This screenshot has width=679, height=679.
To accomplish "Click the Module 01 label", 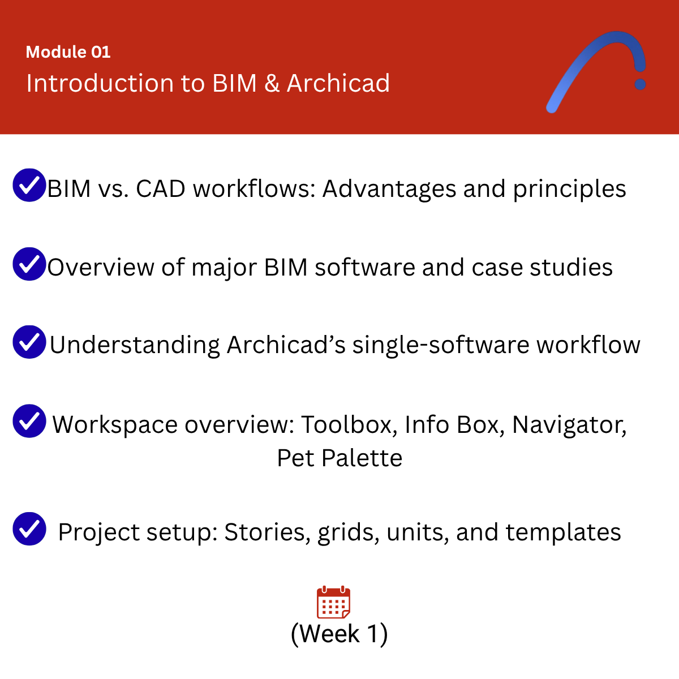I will [x=68, y=52].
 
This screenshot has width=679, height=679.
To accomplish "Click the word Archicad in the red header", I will [x=338, y=83].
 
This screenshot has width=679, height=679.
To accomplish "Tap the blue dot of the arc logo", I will [x=641, y=84].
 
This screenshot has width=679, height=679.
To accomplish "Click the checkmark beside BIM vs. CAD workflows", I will [x=29, y=185].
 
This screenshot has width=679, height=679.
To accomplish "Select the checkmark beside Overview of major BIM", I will [x=29, y=264].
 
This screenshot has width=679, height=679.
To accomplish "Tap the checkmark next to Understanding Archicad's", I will [x=29, y=342].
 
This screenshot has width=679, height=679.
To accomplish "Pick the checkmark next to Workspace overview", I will [x=29, y=421].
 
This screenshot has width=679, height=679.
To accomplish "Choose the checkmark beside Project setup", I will [x=29, y=528].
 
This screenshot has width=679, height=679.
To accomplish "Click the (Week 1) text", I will [x=339, y=634].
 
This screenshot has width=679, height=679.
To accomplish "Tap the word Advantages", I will [x=389, y=189].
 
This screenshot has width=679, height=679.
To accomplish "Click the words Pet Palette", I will [x=339, y=458].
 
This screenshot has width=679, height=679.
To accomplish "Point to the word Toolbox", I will [x=347, y=424].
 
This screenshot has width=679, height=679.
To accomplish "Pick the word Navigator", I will [x=569, y=424].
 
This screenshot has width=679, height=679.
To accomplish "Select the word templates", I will [x=563, y=532].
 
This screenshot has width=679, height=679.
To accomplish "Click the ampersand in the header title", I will [x=272, y=83].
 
